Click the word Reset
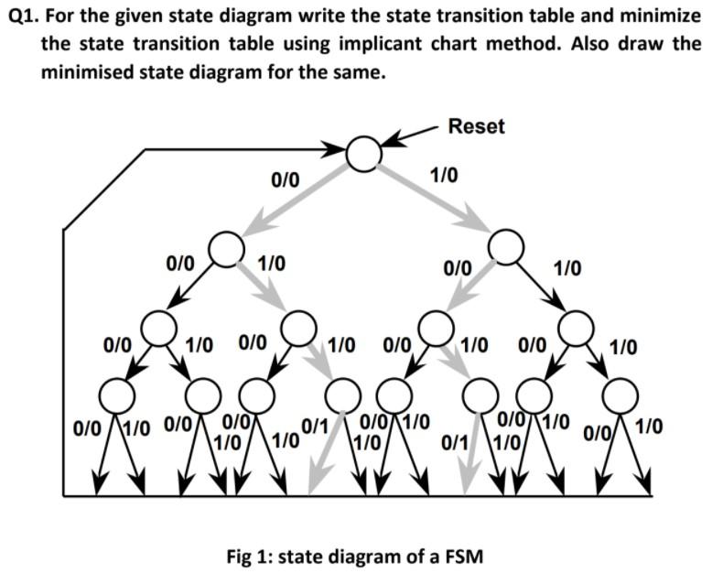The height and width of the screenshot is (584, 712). [476, 126]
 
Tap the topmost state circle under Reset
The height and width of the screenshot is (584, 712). [362, 153]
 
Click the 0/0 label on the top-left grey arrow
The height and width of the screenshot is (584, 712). [286, 179]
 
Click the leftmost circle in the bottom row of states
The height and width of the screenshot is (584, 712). [116, 396]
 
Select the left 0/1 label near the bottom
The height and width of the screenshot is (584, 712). [315, 425]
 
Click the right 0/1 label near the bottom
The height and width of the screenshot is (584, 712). [455, 443]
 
